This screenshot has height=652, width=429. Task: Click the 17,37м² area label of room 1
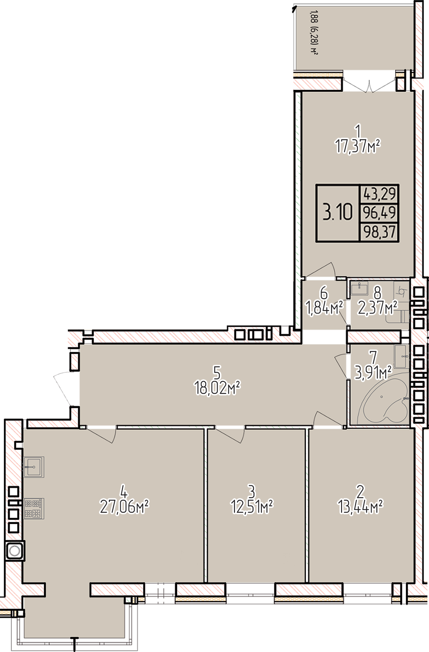[x=358, y=146]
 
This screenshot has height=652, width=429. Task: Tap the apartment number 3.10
[x=338, y=212]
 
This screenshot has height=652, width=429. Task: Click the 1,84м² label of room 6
[x=323, y=308]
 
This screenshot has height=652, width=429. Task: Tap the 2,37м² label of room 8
[x=378, y=308]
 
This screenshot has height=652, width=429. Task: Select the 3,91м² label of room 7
[x=373, y=374]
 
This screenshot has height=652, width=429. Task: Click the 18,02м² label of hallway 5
[x=217, y=388]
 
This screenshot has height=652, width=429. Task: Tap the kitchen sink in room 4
[x=34, y=467]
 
